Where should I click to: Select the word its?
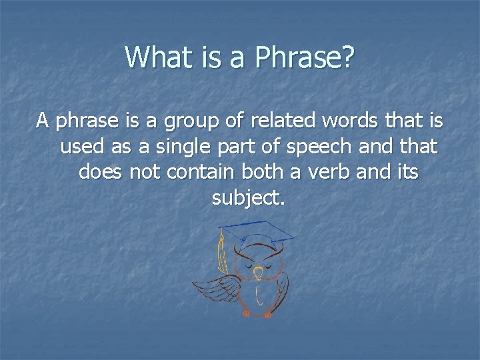pyautogui.click(x=407, y=171)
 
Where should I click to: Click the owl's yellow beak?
pyautogui.click(x=259, y=275)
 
